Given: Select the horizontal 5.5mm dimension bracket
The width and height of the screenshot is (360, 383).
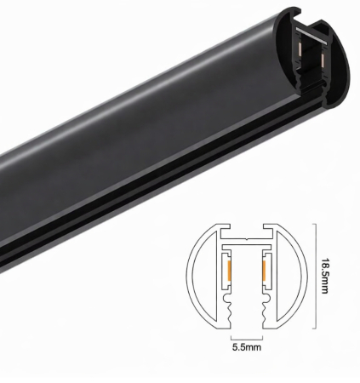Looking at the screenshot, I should click(x=245, y=335).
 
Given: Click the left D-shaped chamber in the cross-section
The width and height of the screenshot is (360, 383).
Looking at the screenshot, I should click(x=202, y=275).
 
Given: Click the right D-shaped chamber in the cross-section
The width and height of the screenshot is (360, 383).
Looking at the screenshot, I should click(x=289, y=275).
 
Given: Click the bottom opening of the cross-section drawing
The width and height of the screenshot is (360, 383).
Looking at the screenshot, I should click(x=245, y=324).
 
